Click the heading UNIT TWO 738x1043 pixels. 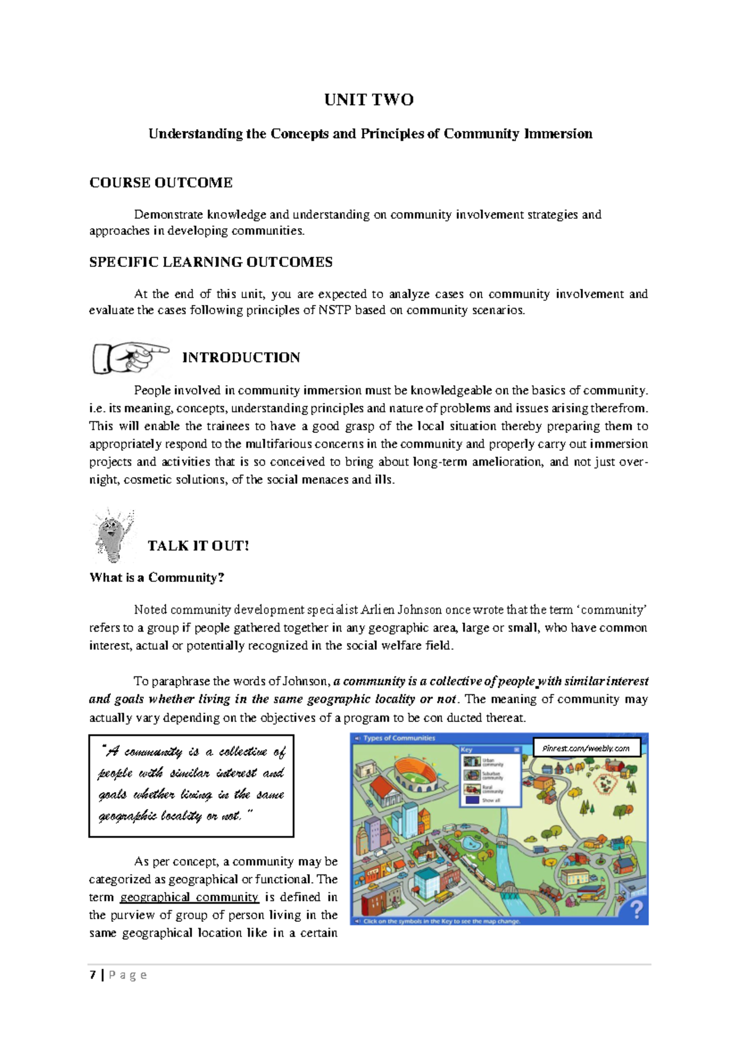(369, 100)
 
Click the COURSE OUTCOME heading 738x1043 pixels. (161, 183)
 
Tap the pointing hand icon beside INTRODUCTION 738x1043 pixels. (130, 357)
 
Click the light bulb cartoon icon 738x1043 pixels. (113, 534)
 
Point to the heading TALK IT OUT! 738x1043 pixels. (198, 546)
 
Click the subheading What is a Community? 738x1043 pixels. (157, 577)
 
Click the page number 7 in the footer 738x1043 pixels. (93, 975)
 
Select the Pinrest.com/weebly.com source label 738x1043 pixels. (586, 748)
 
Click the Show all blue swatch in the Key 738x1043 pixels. (472, 800)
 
